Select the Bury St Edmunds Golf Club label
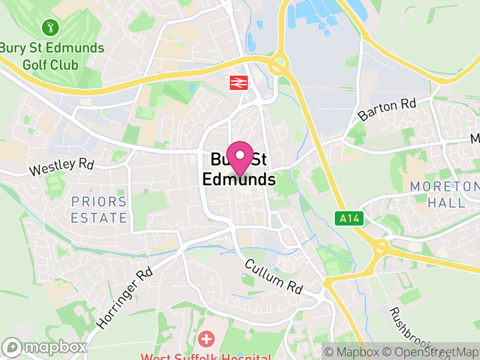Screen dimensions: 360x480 tap(52, 56)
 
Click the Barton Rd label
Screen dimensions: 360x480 tap(387, 109)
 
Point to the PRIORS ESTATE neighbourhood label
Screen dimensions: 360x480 tap(99, 209)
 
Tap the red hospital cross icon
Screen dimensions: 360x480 tap(206, 340)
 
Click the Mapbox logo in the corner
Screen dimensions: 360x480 tap(45, 347)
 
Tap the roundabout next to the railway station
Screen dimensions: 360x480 tap(278, 65)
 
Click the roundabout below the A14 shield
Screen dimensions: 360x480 tap(382, 247)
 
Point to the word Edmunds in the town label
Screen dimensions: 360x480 tap(239, 179)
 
